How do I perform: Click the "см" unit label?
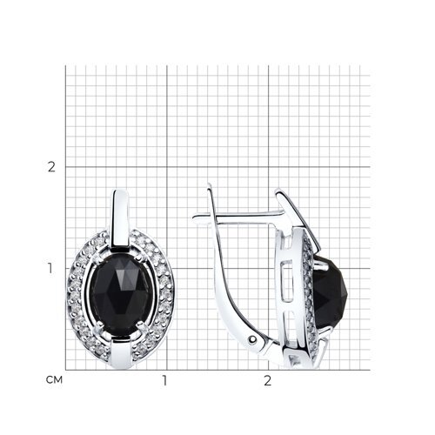pos(54,380)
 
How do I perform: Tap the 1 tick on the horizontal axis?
pos(164,380)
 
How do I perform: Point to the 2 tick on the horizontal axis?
pos(267,380)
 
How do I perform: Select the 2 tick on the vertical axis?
pos(51,167)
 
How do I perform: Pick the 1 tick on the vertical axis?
pos(50,269)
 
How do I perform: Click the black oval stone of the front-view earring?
pos(120,295)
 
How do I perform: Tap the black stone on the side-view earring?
pos(330,293)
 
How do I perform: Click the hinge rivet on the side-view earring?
pos(254,338)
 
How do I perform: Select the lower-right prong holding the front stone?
pos(142,329)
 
